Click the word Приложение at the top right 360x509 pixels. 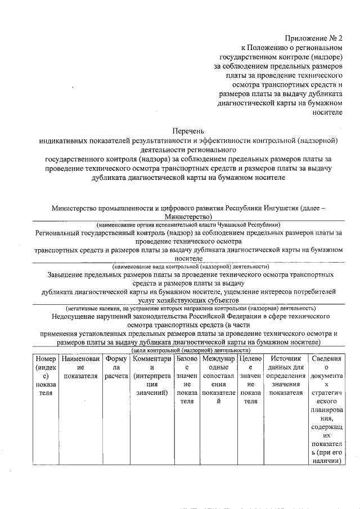pyautogui.click(x=303, y=38)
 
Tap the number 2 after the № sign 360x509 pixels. pyautogui.click(x=340, y=38)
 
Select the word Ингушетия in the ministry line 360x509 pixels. pyautogui.click(x=281, y=208)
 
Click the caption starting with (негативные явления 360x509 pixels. pyautogui.click(x=190, y=308)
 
